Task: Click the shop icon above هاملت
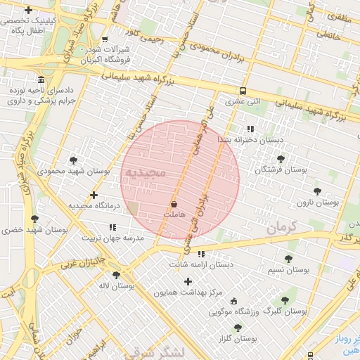tap(174, 204)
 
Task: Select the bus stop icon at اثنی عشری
tap(243, 91)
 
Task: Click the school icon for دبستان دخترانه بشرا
tap(250, 129)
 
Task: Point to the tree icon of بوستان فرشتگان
tap(282, 159)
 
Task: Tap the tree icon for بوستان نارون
tap(317, 191)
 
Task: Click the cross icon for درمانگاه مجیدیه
tap(94, 195)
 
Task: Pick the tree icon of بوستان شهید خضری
tap(34, 219)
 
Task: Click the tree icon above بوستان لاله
tap(116, 275)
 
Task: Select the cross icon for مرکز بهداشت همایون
tap(188, 281)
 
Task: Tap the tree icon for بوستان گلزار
tap(238, 328)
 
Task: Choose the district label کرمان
tap(283, 227)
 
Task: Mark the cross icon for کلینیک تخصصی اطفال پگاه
tap(28, 10)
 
